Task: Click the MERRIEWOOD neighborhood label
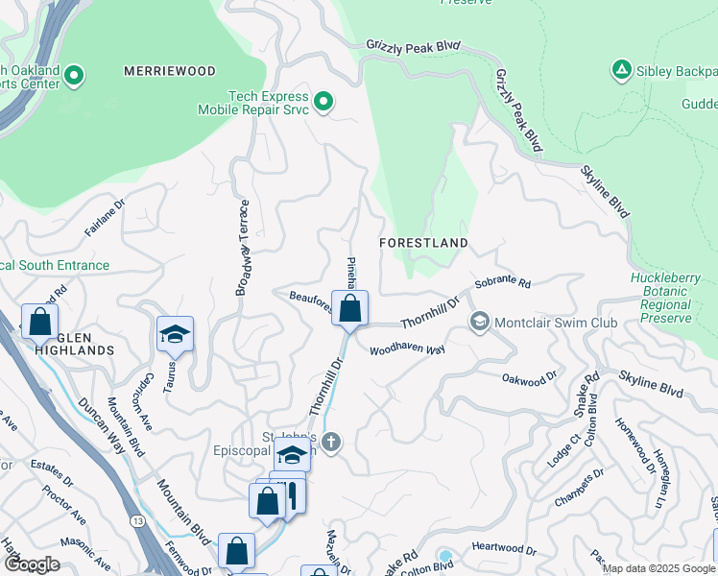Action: (x=168, y=71)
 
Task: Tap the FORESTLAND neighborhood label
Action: (x=423, y=243)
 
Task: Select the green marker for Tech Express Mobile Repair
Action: (x=323, y=101)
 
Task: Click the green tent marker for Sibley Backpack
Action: (x=621, y=69)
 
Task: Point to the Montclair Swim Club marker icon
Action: (x=480, y=323)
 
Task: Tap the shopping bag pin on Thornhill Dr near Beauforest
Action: (x=350, y=308)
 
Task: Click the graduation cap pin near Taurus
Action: (x=176, y=334)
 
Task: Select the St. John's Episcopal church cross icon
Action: (x=331, y=443)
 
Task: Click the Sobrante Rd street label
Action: (x=504, y=283)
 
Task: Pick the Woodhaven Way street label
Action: (x=407, y=350)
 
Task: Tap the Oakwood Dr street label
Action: (x=529, y=378)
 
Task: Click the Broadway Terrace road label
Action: (x=243, y=247)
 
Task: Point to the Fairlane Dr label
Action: (x=105, y=218)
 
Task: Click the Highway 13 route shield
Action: (x=134, y=521)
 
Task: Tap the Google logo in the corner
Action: (x=32, y=564)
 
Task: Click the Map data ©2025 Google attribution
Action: (x=658, y=568)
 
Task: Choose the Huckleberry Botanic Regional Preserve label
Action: (x=661, y=298)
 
